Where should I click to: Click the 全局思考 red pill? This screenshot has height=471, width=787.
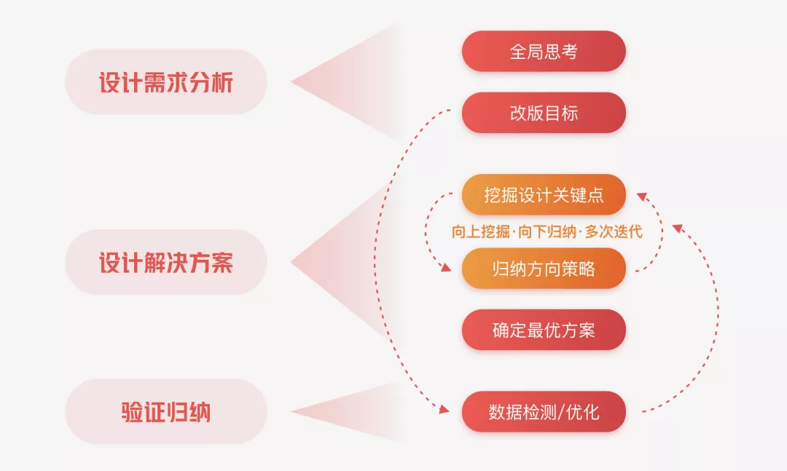tap(544, 52)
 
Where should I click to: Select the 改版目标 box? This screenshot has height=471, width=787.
tap(544, 113)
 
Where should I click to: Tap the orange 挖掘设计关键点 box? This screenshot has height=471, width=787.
tap(544, 195)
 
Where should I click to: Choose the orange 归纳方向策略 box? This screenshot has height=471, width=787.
tap(544, 269)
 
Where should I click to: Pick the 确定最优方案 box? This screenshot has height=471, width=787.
tap(544, 330)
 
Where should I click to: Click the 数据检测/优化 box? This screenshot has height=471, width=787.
tap(544, 412)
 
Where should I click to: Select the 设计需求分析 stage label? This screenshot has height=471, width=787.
tap(166, 82)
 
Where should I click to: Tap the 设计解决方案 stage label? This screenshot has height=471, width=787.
tap(166, 262)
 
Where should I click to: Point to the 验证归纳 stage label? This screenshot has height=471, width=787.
tap(166, 412)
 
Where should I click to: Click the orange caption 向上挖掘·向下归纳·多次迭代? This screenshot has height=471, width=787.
tap(547, 232)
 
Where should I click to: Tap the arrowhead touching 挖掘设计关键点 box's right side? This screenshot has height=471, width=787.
tap(641, 195)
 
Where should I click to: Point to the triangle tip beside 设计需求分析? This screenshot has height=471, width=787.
tap(294, 82)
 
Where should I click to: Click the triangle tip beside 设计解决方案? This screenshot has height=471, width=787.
tap(294, 262)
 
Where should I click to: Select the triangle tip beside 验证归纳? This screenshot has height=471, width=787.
tap(294, 412)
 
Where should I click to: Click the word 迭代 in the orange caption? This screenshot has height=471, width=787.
tap(628, 232)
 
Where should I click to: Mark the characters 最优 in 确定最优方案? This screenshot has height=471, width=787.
tap(544, 330)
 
